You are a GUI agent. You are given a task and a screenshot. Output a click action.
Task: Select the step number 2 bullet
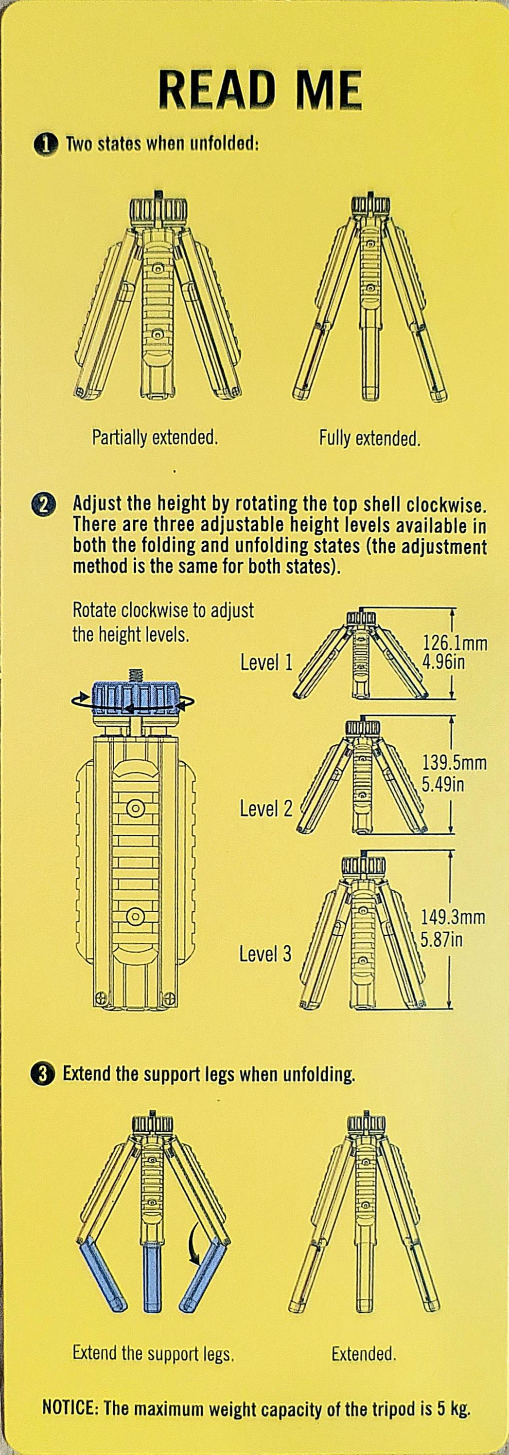coord(45,504)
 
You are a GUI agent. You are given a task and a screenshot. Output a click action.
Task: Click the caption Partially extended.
coord(155,437)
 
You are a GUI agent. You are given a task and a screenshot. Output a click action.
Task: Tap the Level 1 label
coord(266,662)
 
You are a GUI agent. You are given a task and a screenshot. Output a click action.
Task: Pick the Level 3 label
coord(265,954)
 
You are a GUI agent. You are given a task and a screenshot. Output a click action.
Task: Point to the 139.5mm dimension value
coord(454,763)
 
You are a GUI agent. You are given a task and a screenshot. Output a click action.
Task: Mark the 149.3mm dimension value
coord(453,916)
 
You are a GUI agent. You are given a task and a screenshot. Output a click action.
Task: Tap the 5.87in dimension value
coord(442,940)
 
